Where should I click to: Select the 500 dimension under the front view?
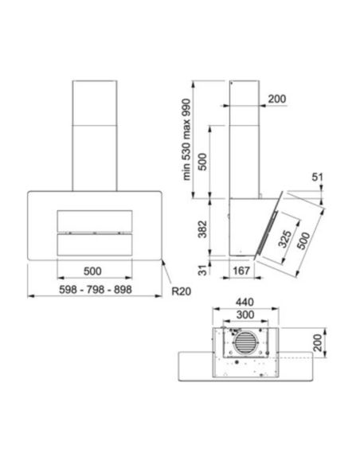[x=94, y=270]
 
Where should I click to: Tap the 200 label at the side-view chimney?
[x=277, y=98]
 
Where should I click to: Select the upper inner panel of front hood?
[x=94, y=221]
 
